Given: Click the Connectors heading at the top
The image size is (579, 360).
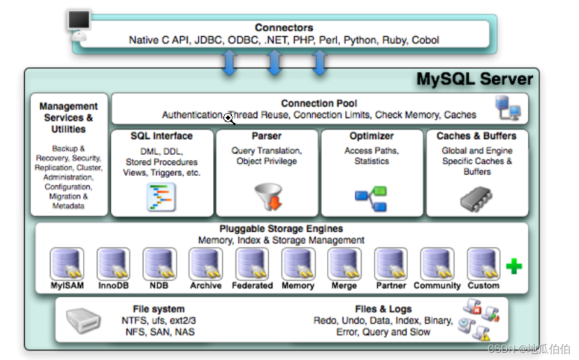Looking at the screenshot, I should pos(284,28).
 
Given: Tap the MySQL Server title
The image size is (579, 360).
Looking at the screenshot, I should pos(475,79).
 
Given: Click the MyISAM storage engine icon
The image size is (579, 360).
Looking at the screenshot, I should pos(67,264).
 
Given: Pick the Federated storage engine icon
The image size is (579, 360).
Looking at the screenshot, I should pos(252,264).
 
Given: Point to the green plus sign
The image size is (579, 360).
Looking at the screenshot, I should pos(514,266).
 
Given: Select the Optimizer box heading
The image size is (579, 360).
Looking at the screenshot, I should pos(372,136).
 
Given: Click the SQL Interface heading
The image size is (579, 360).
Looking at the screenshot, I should pos(161,136).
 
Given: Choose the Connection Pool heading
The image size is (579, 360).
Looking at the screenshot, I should pos(319,104).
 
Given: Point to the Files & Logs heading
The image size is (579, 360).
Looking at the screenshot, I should pos(383,309).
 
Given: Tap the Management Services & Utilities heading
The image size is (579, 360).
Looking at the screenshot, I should pos(69,117).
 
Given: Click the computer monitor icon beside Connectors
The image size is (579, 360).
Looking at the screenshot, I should pos(78,23).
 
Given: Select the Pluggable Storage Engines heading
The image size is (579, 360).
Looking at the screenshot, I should pos(281,229).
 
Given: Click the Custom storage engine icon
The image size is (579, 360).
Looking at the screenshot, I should pos(483,264).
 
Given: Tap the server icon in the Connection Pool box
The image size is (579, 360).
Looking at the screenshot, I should pos(507,108).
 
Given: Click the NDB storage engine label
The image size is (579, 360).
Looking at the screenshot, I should pos(160,285).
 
